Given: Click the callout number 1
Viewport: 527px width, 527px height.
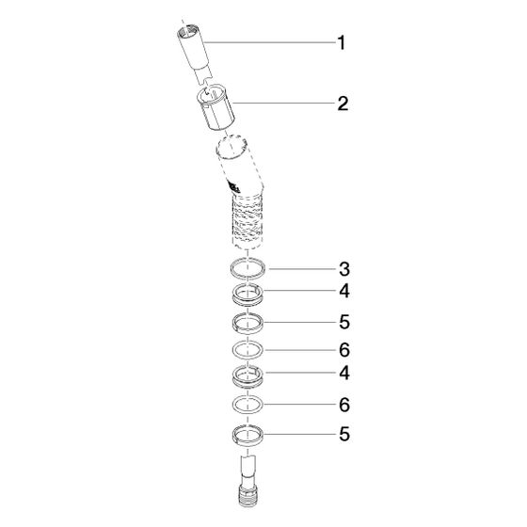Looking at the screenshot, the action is pyautogui.click(x=342, y=43).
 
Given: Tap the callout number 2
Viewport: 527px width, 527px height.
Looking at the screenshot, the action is pyautogui.click(x=343, y=104).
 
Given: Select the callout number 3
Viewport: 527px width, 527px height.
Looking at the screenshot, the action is pyautogui.click(x=344, y=269).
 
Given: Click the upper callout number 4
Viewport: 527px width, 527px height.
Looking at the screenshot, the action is pyautogui.click(x=344, y=291).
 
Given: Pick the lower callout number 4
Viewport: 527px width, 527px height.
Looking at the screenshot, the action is pyautogui.click(x=344, y=373).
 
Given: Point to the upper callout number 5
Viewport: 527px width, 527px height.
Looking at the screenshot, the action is pyautogui.click(x=344, y=322).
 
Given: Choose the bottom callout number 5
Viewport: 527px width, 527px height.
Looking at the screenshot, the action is pyautogui.click(x=344, y=434).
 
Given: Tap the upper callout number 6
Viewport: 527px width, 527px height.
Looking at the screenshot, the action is pyautogui.click(x=344, y=350).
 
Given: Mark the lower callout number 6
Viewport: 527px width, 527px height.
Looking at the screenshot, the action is pyautogui.click(x=344, y=405).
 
